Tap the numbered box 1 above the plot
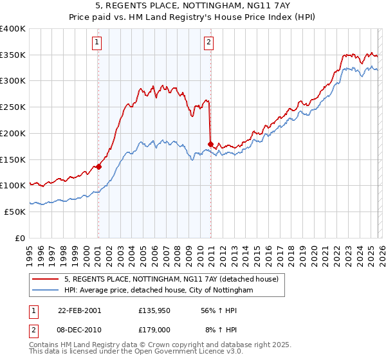[x=97, y=43]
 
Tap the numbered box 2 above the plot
[x=210, y=43]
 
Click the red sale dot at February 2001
[x=98, y=166]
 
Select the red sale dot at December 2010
[x=210, y=144]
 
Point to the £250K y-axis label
[x=14, y=107]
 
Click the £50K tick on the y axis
[x=15, y=212]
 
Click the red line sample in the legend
[x=46, y=280]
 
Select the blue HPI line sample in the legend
[x=46, y=291]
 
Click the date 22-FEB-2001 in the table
[x=79, y=310]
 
